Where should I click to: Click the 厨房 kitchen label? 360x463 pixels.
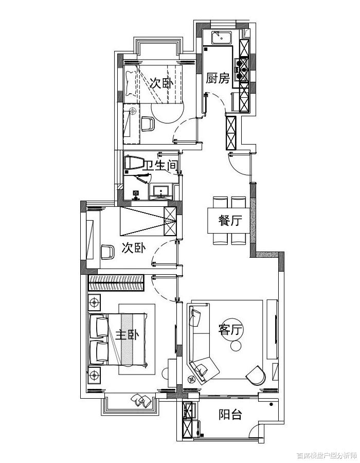(x=218, y=79)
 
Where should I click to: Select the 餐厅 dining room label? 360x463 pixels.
(x=230, y=220)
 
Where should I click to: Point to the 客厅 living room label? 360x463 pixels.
(x=230, y=330)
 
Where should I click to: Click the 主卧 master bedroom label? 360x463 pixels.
(x=127, y=335)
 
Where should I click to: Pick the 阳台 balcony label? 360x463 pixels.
(x=230, y=414)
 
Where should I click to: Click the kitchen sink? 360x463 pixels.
(x=222, y=38)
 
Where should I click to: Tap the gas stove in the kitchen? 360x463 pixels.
(x=242, y=69)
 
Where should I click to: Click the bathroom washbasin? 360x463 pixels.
(x=161, y=190)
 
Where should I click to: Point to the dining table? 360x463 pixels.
(x=229, y=221)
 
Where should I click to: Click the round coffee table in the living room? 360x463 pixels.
(x=236, y=346)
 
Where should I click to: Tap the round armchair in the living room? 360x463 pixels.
(x=256, y=376)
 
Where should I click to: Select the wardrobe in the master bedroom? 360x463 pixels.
(x=116, y=283)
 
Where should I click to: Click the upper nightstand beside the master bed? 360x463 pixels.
(x=95, y=302)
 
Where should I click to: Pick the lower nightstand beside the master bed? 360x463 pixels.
(x=95, y=376)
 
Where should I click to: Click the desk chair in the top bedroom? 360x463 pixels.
(x=148, y=124)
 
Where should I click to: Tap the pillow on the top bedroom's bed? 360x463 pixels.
(x=130, y=84)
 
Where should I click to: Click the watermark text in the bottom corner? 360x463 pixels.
(x=327, y=456)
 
